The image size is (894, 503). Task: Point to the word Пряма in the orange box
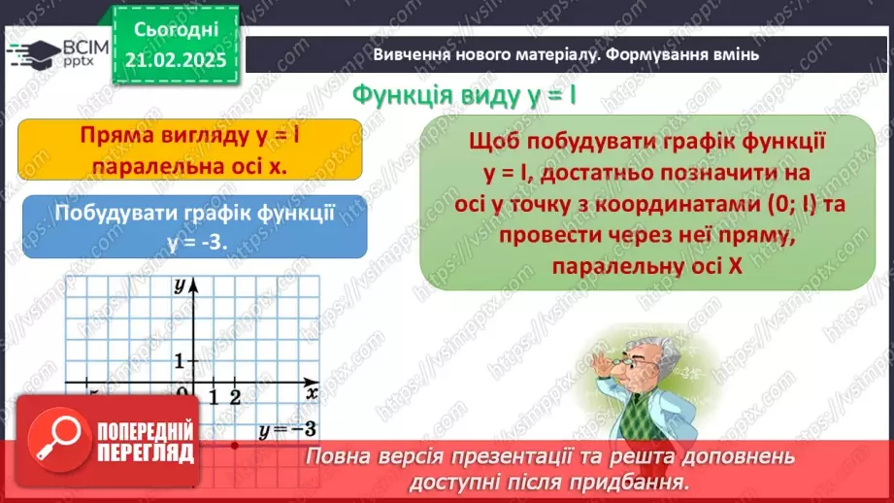tap(117, 136)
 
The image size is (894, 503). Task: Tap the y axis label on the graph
tap(180, 286)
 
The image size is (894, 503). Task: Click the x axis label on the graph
tap(312, 393)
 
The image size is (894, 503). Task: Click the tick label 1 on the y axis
tap(179, 361)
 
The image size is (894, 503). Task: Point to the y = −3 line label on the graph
tap(286, 428)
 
